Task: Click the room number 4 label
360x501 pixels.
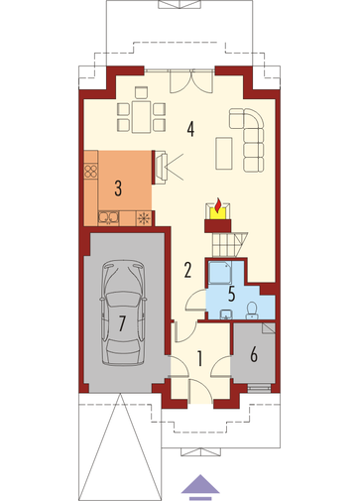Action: tap(190, 129)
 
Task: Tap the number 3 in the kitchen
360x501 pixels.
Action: tap(118, 188)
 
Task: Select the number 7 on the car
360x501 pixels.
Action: tap(122, 323)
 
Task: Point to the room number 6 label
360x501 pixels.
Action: tap(254, 355)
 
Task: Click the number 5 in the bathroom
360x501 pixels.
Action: tap(232, 294)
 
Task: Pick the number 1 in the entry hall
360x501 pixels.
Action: tap(199, 359)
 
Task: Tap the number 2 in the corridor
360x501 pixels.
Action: tap(187, 270)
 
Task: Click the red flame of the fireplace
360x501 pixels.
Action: tap(217, 205)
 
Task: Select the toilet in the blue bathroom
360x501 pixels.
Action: tap(252, 311)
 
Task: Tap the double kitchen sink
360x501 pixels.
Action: tap(108, 217)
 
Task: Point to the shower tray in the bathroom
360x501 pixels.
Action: tap(219, 273)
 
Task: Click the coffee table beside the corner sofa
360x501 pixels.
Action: tap(224, 154)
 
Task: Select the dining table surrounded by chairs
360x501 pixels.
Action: tap(141, 117)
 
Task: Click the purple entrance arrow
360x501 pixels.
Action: tap(200, 487)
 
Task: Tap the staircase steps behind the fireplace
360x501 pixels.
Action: tap(229, 244)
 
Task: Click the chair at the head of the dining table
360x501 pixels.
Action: tap(141, 92)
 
